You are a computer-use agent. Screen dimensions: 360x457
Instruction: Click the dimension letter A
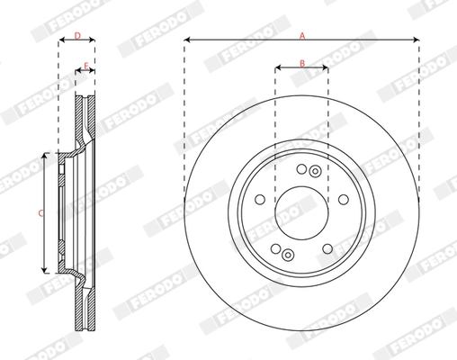point(302,34)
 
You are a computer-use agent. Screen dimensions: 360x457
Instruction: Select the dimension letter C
point(39,213)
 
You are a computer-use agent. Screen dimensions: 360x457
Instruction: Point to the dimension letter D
point(76,36)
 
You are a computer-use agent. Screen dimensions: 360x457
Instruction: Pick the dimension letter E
point(85,66)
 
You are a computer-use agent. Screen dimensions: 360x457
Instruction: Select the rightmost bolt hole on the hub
point(344,200)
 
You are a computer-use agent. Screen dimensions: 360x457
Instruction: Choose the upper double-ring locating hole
point(314,171)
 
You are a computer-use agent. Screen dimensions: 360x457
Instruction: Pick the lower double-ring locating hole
point(287,254)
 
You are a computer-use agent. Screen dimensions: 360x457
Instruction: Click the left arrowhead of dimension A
point(187,40)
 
